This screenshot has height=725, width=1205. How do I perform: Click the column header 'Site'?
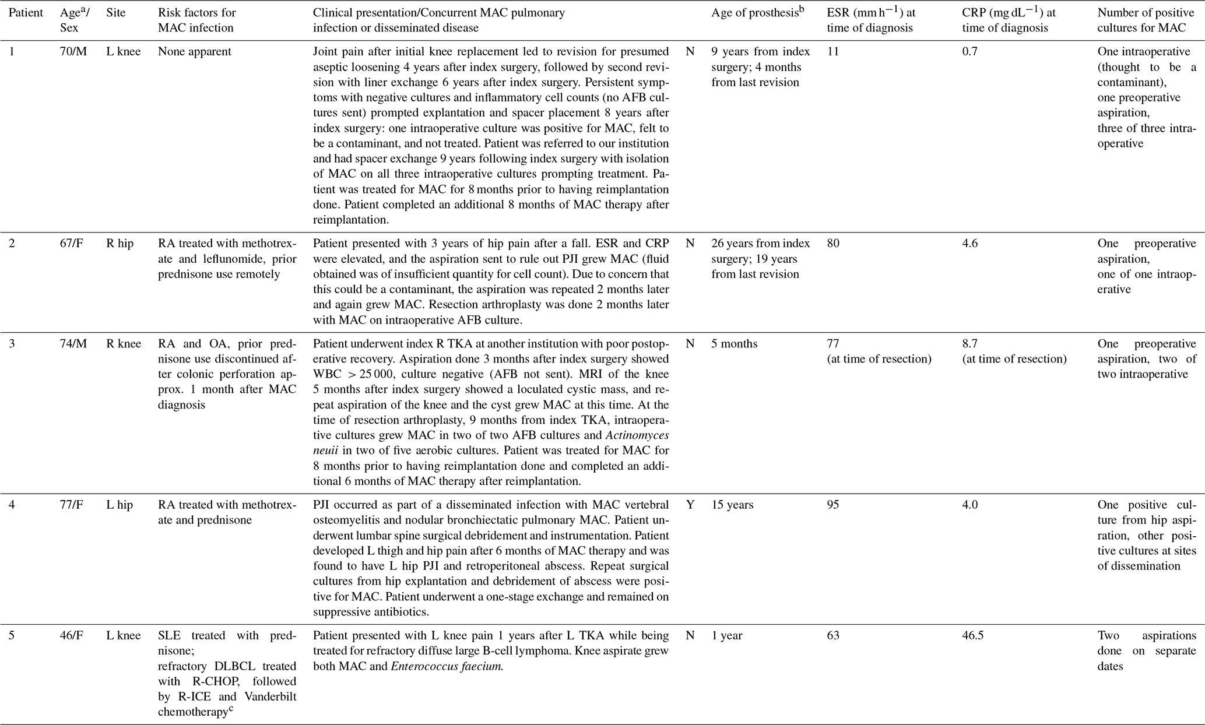115,12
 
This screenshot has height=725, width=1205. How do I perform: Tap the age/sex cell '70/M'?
73,51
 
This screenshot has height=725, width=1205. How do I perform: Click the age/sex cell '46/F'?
72,635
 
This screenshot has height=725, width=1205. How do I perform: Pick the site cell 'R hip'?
120,243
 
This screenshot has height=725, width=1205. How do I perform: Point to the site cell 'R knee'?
124,343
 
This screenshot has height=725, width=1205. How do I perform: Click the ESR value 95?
833,505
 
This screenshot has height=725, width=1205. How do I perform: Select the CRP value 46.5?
972,635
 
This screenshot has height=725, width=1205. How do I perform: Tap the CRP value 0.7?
970,51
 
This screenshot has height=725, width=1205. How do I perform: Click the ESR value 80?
833,243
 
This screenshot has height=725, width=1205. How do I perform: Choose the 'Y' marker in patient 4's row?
690,505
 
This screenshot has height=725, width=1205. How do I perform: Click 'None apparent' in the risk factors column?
194,51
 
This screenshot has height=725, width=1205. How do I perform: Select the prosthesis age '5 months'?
734,343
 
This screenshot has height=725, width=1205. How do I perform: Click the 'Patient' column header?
26,12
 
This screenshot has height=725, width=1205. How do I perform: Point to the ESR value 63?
833,635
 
